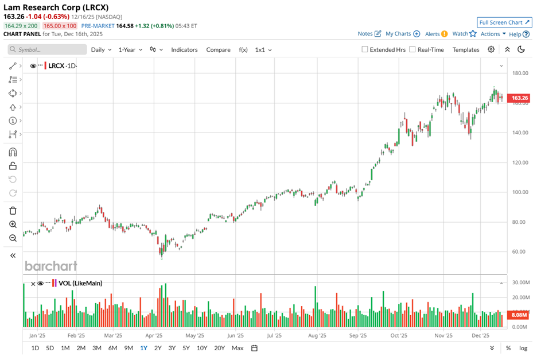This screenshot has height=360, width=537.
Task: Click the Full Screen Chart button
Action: point(504,22)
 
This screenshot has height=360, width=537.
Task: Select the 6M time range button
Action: point(112,348)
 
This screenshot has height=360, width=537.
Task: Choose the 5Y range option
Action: point(186,348)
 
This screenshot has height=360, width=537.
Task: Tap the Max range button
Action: point(237,348)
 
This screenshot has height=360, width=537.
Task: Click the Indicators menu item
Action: point(184,50)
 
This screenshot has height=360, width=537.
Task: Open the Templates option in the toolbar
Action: point(465,50)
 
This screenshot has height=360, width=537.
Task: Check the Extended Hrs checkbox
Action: point(365,50)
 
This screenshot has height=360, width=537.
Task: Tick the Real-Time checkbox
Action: point(413,50)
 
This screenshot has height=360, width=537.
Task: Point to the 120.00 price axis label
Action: point(520,162)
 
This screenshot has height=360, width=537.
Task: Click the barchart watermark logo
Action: point(50,266)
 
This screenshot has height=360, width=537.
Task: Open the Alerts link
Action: point(435,34)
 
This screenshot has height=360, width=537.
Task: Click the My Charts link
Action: point(402,34)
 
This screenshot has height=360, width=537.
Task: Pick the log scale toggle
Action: point(523,348)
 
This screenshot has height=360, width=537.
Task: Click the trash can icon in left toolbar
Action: point(13,211)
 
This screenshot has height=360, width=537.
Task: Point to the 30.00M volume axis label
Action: point(520,283)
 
